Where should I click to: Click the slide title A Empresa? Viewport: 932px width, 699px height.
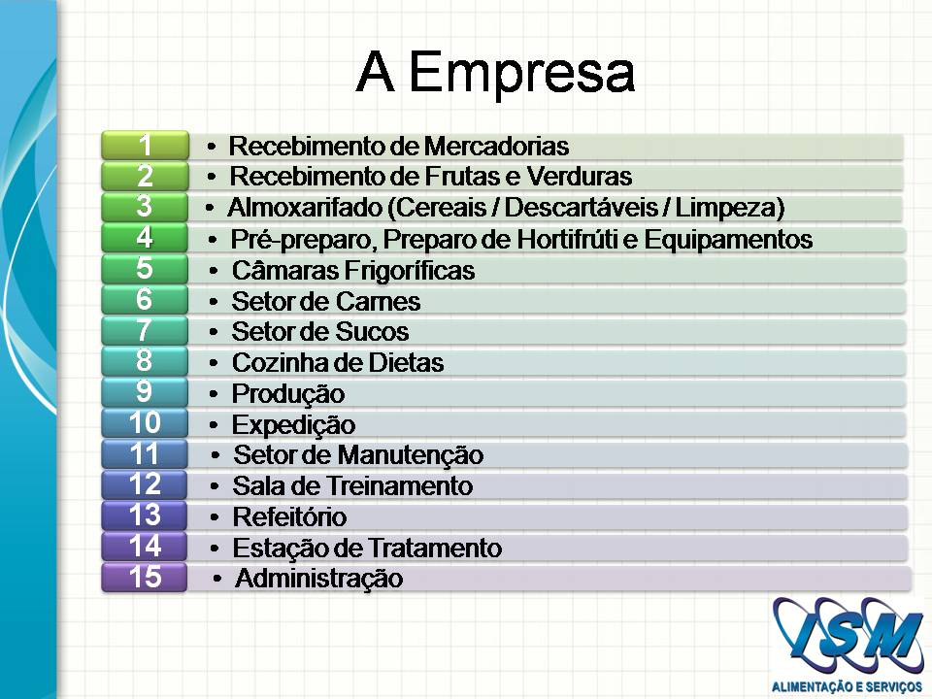pyautogui.click(x=496, y=72)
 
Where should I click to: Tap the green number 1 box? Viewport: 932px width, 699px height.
pyautogui.click(x=145, y=145)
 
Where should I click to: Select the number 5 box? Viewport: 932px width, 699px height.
pyautogui.click(x=145, y=268)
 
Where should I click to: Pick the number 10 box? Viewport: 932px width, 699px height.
pyautogui.click(x=145, y=422)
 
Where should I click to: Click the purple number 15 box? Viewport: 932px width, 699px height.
pyautogui.click(x=145, y=577)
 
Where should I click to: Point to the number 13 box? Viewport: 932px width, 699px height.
pyautogui.click(x=145, y=516)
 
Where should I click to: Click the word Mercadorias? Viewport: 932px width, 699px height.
pyautogui.click(x=496, y=147)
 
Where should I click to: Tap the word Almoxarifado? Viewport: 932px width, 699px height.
pyautogui.click(x=305, y=208)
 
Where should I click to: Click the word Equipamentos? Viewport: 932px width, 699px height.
pyautogui.click(x=728, y=240)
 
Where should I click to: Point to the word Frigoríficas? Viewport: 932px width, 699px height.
pyautogui.click(x=412, y=271)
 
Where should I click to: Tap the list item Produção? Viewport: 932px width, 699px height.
pyautogui.click(x=288, y=394)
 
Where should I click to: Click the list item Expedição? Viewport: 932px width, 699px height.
pyautogui.click(x=293, y=425)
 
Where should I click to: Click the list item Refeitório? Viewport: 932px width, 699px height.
pyautogui.click(x=289, y=516)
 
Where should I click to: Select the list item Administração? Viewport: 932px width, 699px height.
pyautogui.click(x=319, y=579)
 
